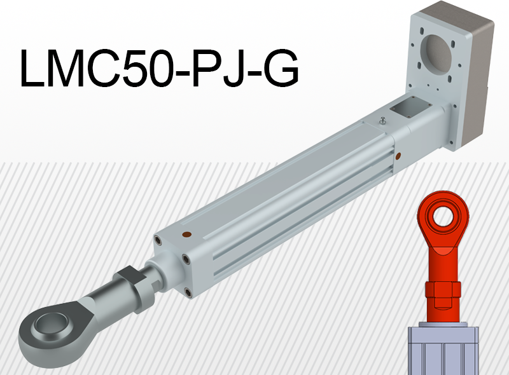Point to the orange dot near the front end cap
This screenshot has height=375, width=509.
(186, 235)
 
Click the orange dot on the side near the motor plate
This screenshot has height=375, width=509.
(398, 154)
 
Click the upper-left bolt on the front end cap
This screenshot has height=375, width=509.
(157, 240)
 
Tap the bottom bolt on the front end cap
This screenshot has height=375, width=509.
(188, 292)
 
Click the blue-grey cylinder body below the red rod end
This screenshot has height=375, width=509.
(443, 350)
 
